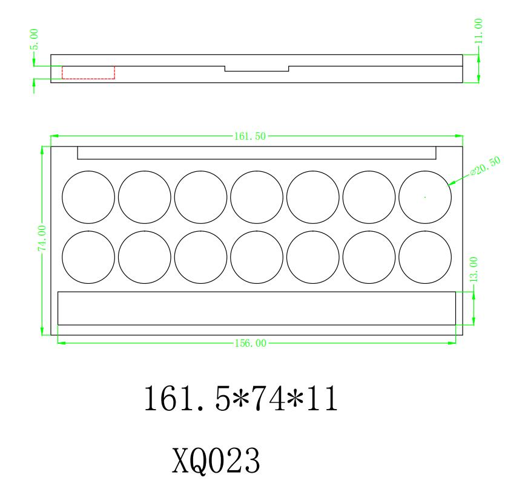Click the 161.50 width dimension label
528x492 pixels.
pos(249,136)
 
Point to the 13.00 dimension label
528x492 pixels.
pos(474,269)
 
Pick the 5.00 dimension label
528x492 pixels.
pos(35,38)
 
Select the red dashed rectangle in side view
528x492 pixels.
pos(88,73)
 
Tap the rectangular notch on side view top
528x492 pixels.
pos(257,68)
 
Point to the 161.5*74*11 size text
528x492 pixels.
pos(240,400)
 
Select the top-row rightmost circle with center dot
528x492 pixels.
pos(425,197)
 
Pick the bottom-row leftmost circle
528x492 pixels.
pos(88,257)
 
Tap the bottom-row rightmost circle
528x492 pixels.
pos(425,257)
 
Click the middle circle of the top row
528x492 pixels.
pos(257,197)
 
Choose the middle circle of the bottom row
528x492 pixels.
pos(257,257)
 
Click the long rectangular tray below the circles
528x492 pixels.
pos(256,308)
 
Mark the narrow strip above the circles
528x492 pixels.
pos(257,153)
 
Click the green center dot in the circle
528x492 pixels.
pos(425,197)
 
